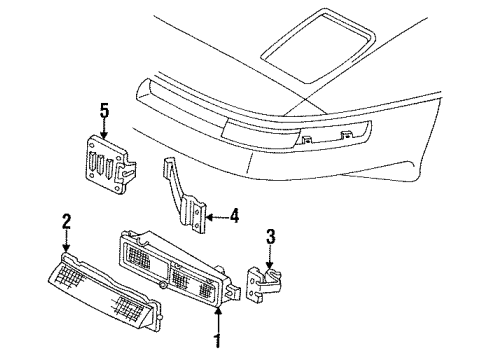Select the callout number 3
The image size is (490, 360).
pyautogui.click(x=269, y=238)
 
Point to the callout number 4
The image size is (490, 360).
pyautogui.click(x=234, y=212)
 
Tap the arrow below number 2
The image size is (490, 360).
pyautogui.click(x=67, y=240)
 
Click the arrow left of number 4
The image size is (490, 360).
pyautogui.click(x=217, y=212)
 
